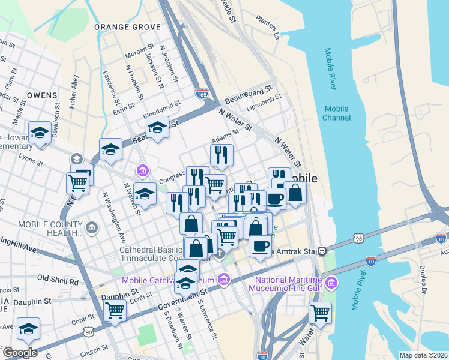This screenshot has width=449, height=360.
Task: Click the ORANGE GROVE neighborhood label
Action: [x=128, y=27]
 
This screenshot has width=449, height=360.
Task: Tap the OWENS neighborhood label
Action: [x=41, y=95]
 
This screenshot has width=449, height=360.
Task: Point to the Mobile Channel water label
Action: [x=336, y=113]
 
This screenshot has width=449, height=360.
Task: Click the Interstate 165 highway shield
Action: [x=202, y=94]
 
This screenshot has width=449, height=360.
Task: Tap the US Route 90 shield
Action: [x=89, y=331]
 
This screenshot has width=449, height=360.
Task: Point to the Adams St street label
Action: [x=225, y=139]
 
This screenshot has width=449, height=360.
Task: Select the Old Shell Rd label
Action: [x=58, y=279]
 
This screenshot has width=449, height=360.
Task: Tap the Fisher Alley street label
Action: [x=73, y=91]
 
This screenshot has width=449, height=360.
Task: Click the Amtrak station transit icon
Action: [x=322, y=250]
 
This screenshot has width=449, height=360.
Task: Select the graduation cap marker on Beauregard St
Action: [x=157, y=127]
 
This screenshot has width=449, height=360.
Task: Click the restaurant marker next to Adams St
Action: [x=221, y=155]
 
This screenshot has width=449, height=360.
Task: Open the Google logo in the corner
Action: [x=19, y=353]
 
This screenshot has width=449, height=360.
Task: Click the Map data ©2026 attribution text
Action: [x=423, y=355]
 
